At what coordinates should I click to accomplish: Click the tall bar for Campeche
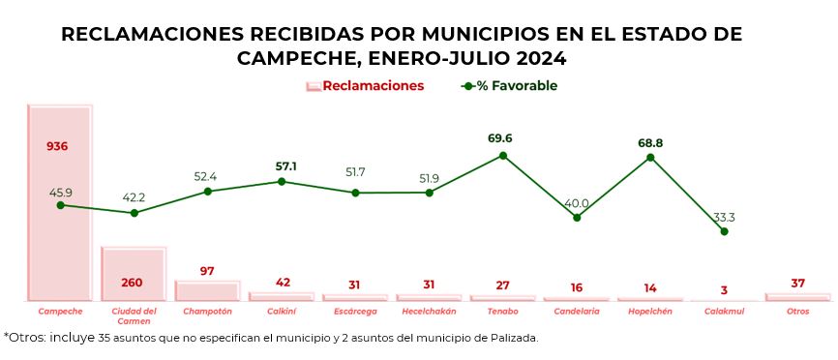(x=60, y=203)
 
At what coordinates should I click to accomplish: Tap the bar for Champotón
(x=207, y=291)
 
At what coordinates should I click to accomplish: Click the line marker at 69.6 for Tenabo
(x=503, y=155)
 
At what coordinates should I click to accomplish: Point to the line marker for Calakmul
(x=724, y=231)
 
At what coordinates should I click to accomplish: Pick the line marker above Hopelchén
(x=650, y=157)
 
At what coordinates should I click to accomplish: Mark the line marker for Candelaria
(x=577, y=218)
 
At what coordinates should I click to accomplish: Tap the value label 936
(x=57, y=146)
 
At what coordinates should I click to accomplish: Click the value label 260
(x=133, y=284)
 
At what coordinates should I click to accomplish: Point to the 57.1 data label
(x=285, y=166)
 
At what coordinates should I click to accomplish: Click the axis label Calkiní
(x=282, y=312)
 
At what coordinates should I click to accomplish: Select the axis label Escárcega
(x=355, y=312)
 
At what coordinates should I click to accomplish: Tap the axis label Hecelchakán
(x=429, y=312)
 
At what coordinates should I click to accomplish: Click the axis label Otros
(x=798, y=312)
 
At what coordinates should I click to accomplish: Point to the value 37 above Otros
(x=797, y=284)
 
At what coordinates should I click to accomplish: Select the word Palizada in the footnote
(x=511, y=339)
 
